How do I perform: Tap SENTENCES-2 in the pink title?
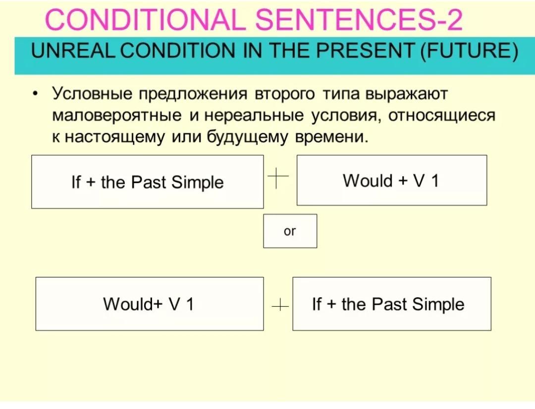[359, 19]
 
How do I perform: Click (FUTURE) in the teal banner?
[469, 51]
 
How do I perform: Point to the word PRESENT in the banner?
[365, 51]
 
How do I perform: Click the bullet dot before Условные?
[35, 93]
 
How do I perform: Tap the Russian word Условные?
[92, 93]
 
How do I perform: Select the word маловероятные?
[117, 115]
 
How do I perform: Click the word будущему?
[247, 137]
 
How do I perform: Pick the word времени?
[331, 137]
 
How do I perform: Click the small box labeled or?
[290, 231]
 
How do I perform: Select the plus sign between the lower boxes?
[280, 305]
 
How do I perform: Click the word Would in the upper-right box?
[368, 181]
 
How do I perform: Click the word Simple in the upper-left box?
[197, 182]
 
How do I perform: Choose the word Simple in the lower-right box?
[438, 305]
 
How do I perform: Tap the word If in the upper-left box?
[76, 182]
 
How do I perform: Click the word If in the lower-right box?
[317, 304]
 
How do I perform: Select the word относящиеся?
[441, 115]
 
